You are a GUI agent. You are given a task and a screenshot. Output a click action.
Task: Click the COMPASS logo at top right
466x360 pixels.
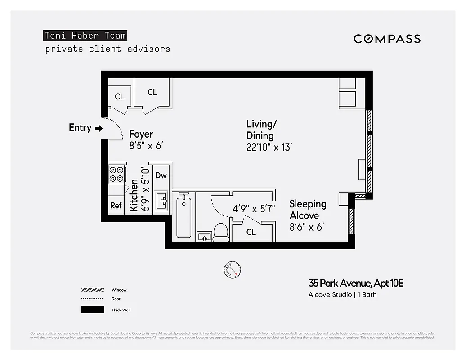coord(387,39)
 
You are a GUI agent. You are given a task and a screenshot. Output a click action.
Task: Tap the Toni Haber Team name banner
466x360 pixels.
coord(85,36)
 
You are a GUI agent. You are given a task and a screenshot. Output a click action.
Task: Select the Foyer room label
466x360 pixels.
coord(141,134)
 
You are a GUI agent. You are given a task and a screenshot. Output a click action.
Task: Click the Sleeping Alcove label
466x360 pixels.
coord(308,210)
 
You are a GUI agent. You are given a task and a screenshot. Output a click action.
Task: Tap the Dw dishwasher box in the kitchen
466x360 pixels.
coord(161,175)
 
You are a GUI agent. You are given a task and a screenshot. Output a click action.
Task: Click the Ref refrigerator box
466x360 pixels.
coord(116,205)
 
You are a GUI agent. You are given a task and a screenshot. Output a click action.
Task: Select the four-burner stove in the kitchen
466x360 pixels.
coord(116,174)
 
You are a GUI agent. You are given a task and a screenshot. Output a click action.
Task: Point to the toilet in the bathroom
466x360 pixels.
coord(220,232)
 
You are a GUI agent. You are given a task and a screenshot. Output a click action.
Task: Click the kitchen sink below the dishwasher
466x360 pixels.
coord(161,201)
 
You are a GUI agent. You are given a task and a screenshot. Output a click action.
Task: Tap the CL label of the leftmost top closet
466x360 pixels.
coord(119,97)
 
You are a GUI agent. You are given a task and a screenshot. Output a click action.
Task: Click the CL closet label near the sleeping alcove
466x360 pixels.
coord(251,232)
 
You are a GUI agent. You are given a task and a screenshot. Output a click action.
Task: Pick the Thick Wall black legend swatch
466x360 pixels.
coord(92,310)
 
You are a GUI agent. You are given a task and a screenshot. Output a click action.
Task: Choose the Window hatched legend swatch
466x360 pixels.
coord(92,290)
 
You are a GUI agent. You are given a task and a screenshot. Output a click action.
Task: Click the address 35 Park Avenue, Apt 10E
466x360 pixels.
coord(356,283)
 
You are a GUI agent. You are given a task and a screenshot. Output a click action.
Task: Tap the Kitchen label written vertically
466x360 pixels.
coord(134,195)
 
